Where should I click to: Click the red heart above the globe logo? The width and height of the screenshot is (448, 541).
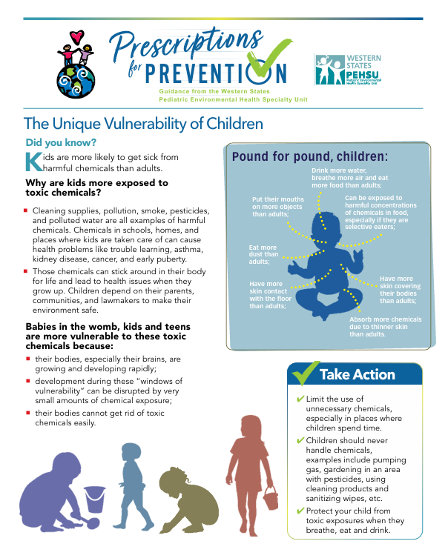click(x=76, y=36)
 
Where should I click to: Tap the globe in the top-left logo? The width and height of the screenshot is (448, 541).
click(x=76, y=81)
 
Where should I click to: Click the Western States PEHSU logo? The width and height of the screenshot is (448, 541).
click(x=347, y=70)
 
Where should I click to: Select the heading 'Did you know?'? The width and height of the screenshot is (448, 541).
click(x=61, y=142)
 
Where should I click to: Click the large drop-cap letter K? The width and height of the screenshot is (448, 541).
click(x=34, y=162)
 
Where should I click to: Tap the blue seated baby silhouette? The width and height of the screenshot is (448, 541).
click(x=326, y=265)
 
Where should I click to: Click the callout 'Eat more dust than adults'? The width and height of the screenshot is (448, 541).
click(x=263, y=254)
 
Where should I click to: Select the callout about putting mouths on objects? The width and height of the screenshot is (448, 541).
click(x=278, y=207)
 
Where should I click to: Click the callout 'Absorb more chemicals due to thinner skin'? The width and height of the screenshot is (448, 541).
click(x=385, y=327)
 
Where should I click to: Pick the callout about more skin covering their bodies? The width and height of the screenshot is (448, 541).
click(x=400, y=290)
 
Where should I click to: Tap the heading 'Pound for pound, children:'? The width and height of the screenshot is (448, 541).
click(x=310, y=156)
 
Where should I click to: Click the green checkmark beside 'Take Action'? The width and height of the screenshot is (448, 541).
click(x=305, y=374)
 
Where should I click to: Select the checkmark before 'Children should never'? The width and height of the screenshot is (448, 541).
click(x=300, y=441)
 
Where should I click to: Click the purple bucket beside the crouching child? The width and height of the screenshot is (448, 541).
click(x=94, y=499)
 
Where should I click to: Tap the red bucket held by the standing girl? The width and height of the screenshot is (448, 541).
click(x=270, y=498)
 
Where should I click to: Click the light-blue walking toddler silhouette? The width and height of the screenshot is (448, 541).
click(x=136, y=486)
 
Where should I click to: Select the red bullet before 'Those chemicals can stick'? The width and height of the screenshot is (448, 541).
click(x=25, y=271)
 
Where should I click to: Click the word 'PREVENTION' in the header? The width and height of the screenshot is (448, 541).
click(x=216, y=73)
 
